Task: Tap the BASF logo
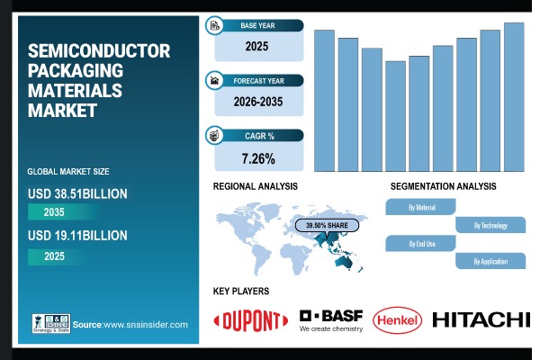pyautogui.click(x=330, y=317)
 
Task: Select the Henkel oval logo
pyautogui.click(x=397, y=319)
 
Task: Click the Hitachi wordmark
pyautogui.click(x=481, y=319)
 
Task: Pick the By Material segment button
pyautogui.click(x=421, y=207)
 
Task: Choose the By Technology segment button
pyautogui.click(x=490, y=225)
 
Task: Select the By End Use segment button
pyautogui.click(x=421, y=243)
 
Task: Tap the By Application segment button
pyautogui.click(x=490, y=261)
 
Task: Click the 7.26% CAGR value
pyautogui.click(x=258, y=158)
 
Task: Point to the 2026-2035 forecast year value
pyautogui.click(x=258, y=103)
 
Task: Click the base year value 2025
pyautogui.click(x=258, y=46)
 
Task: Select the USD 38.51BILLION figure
pyautogui.click(x=77, y=193)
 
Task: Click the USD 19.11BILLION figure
pyautogui.click(x=77, y=235)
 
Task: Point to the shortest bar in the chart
pyautogui.click(x=371, y=116)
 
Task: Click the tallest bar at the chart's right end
pyautogui.click(x=514, y=97)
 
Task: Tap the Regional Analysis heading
pyautogui.click(x=256, y=186)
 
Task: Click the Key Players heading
pyautogui.click(x=241, y=291)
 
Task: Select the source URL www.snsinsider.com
pyautogui.click(x=145, y=324)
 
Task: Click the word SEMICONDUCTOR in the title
pyautogui.click(x=99, y=50)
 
